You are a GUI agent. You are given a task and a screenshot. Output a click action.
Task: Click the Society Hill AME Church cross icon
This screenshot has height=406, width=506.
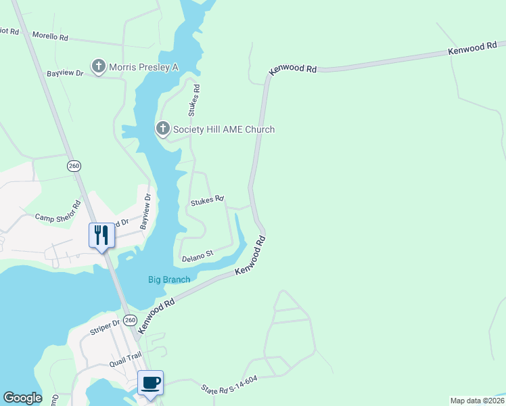pyautogui.click(x=162, y=129)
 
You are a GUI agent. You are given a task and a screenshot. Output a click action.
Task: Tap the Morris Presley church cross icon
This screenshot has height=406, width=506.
pyautogui.click(x=99, y=66)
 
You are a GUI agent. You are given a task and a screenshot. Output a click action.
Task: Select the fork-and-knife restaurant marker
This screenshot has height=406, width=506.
pyautogui.click(x=101, y=235)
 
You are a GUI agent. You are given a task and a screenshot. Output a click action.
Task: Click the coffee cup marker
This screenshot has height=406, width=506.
pyautogui.click(x=150, y=382)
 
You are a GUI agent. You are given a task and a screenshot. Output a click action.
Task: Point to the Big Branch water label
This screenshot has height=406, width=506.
pyautogui.click(x=169, y=279)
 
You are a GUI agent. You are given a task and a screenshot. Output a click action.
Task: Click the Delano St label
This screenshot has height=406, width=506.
pyautogui.click(x=197, y=256)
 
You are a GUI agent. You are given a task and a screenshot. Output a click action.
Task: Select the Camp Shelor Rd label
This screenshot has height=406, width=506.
pyautogui.click(x=58, y=210)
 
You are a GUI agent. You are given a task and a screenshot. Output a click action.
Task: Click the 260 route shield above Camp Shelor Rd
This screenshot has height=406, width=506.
pyautogui.click(x=74, y=166)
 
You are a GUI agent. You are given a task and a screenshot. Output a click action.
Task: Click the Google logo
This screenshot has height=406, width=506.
pyautogui.click(x=22, y=398)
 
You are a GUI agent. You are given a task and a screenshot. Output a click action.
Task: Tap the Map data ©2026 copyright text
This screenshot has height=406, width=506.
pyautogui.click(x=477, y=401)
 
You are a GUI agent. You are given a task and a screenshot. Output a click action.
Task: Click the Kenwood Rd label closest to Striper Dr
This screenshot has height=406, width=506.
pyautogui.click(x=156, y=315)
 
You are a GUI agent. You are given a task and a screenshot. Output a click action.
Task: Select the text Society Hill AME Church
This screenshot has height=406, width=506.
pyautogui.click(x=224, y=129)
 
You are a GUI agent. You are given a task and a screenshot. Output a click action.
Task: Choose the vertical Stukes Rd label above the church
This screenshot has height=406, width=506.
pyautogui.click(x=196, y=98)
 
